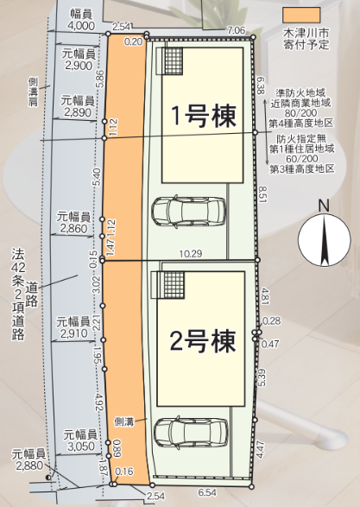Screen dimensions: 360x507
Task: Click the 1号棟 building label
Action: click(x=205, y=117)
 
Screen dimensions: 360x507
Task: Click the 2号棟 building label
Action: click(x=203, y=341)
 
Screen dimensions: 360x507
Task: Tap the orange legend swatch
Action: click(x=301, y=16)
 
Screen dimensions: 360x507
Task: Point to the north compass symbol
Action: click(x=324, y=240)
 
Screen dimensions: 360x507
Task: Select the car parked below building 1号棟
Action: click(x=188, y=212)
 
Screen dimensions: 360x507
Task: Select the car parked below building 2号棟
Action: click(x=191, y=433)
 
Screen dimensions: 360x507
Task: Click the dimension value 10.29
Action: click(x=191, y=254)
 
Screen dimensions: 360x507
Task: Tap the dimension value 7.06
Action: click(x=237, y=31)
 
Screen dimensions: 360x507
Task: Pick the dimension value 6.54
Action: click(x=207, y=492)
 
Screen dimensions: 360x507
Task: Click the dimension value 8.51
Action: click(x=262, y=194)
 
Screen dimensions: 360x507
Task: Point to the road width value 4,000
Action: click(x=82, y=26)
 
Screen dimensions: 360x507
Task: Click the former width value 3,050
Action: click(x=81, y=447)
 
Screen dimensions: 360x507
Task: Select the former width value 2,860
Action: click(x=74, y=229)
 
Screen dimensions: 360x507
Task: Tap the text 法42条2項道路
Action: click(x=18, y=295)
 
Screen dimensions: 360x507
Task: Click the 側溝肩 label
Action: click(x=33, y=92)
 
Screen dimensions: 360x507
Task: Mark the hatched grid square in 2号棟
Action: click(x=174, y=285)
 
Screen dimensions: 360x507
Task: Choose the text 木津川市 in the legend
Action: click(x=306, y=34)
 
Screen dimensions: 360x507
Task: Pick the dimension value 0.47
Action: click(x=270, y=344)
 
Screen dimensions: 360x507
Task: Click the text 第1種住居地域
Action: click(x=302, y=149)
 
